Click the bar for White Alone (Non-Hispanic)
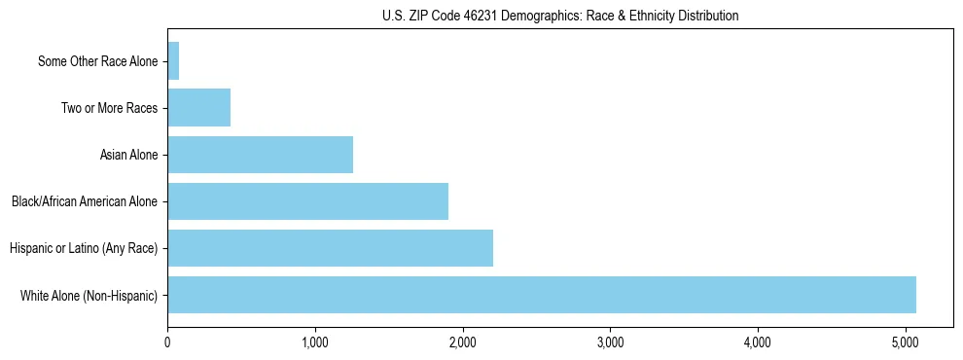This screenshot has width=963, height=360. click(x=541, y=295)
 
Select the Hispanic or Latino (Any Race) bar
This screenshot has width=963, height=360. click(x=330, y=248)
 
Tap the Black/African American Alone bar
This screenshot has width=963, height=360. click(x=307, y=201)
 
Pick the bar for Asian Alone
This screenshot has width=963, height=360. click(x=260, y=155)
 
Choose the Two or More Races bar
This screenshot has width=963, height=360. click(x=198, y=108)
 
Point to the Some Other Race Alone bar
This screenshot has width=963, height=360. click(x=173, y=61)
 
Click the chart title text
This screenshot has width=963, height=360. click(x=560, y=16)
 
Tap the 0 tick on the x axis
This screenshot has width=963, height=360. click(x=167, y=342)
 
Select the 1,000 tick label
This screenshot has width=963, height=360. click(x=315, y=342)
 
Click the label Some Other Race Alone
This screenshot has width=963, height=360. click(x=97, y=61)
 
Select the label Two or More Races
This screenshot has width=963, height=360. click(x=109, y=108)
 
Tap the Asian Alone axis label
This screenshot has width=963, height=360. click(x=128, y=155)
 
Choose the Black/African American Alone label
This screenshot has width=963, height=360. click(x=85, y=201)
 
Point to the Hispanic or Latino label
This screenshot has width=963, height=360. click(x=84, y=248)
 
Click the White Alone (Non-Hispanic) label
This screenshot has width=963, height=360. click(x=89, y=295)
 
